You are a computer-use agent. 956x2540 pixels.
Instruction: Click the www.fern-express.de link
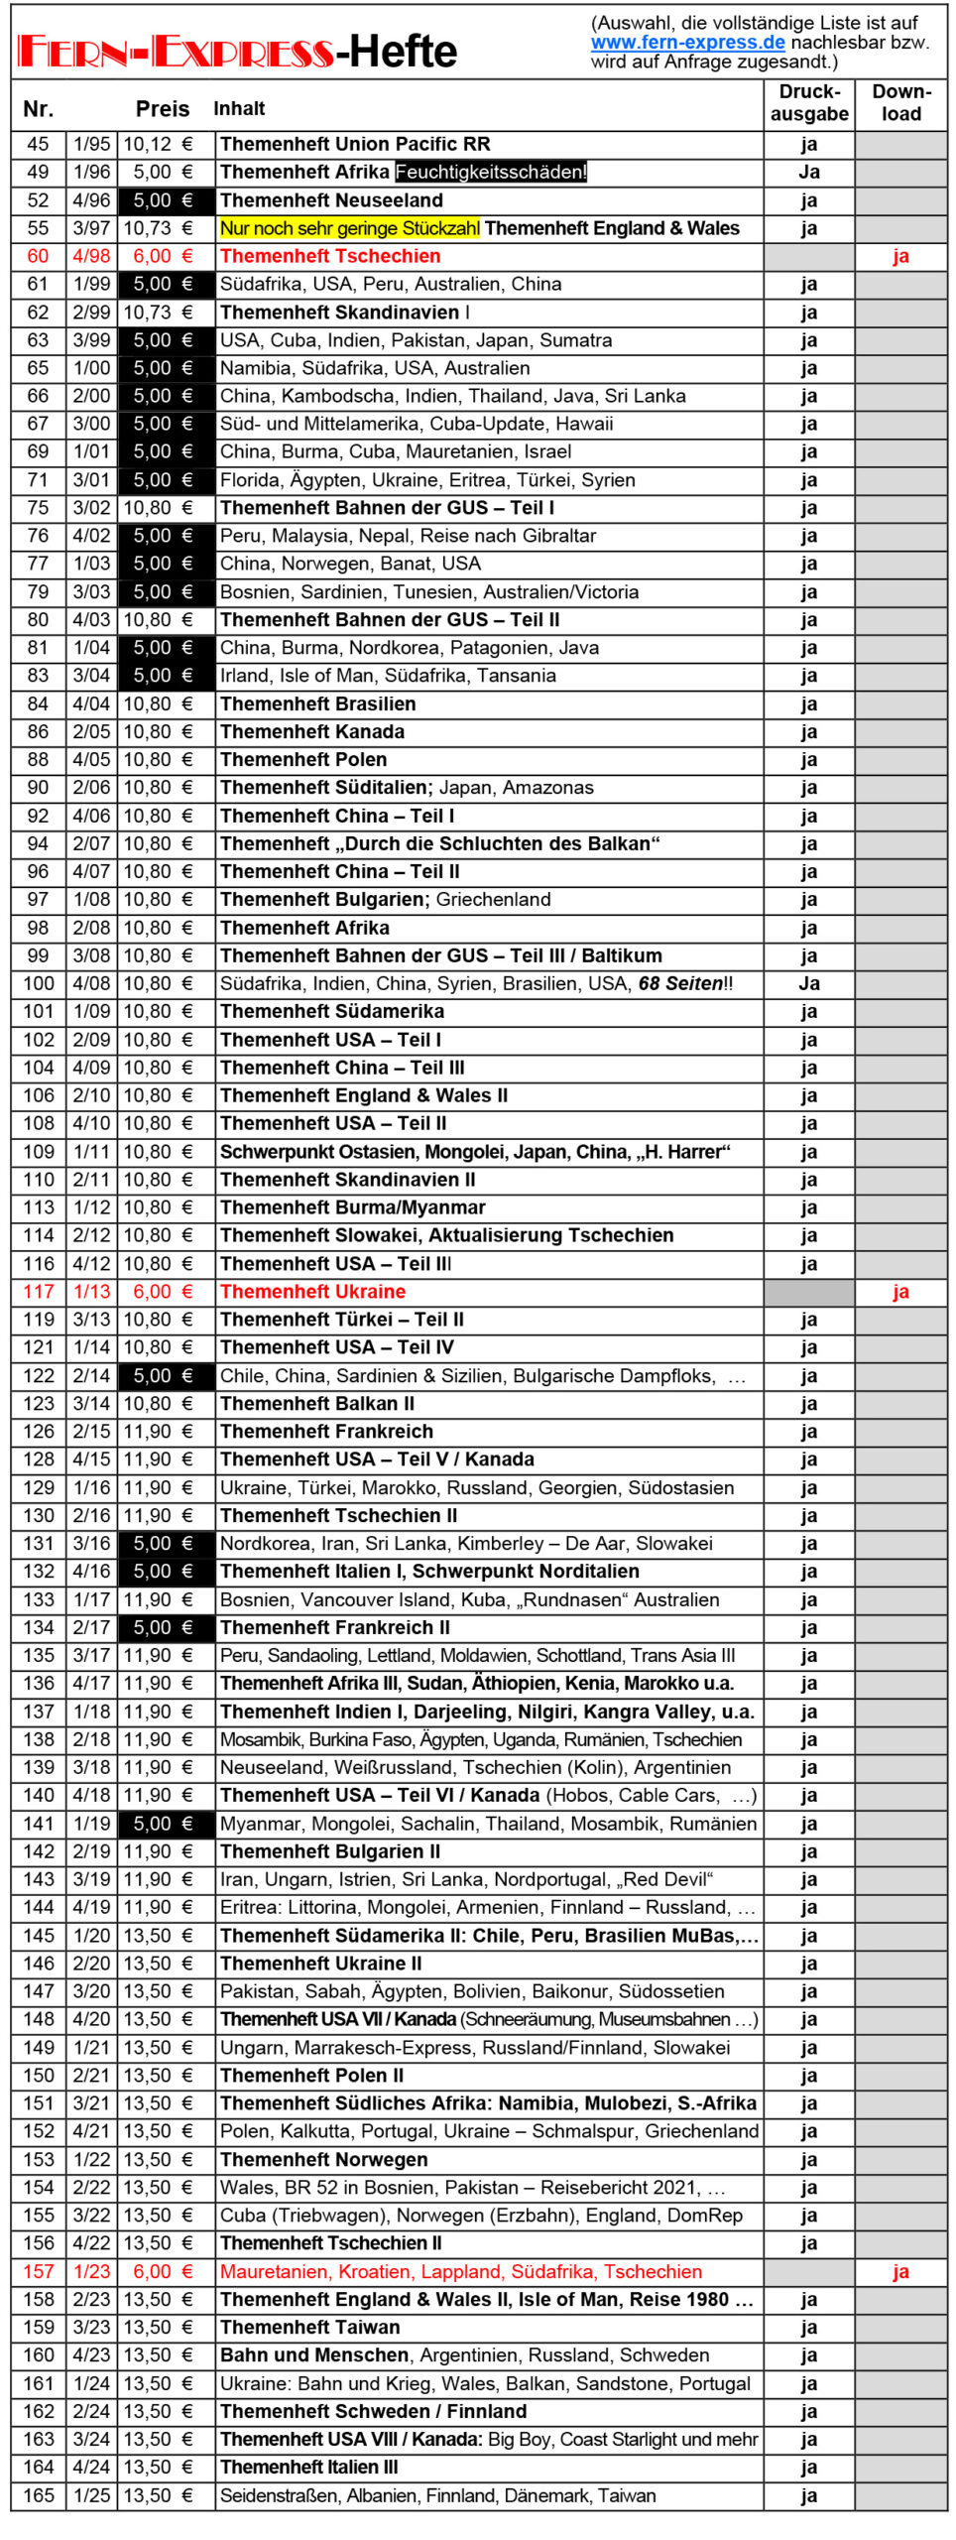click(x=687, y=43)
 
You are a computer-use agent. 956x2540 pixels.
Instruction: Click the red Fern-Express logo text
click(x=175, y=52)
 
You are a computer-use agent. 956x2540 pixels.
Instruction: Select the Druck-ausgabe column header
click(x=808, y=103)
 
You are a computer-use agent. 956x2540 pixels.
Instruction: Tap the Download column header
click(x=900, y=103)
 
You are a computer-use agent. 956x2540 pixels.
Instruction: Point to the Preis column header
click(x=163, y=109)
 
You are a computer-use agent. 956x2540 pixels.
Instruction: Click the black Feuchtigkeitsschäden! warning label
click(x=491, y=173)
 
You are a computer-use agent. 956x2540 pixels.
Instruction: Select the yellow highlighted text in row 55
click(x=349, y=228)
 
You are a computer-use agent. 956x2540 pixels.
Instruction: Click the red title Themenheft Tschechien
click(x=330, y=256)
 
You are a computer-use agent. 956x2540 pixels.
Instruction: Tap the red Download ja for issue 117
click(x=900, y=1292)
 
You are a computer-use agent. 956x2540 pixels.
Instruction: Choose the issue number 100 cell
click(x=39, y=984)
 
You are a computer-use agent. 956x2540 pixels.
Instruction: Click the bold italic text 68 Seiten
click(x=680, y=984)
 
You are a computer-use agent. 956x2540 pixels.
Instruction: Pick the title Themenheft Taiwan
click(x=310, y=2328)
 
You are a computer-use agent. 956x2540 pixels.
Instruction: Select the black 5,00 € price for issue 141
click(x=165, y=1824)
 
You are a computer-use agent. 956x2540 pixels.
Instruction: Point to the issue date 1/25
click(x=91, y=2495)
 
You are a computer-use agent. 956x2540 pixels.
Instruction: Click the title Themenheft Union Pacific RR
click(x=355, y=145)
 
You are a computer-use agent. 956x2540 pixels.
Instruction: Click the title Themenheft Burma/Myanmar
click(x=353, y=1207)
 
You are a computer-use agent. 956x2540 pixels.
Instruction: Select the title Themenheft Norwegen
click(x=324, y=2160)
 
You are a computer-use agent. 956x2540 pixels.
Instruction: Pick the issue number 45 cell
click(x=39, y=145)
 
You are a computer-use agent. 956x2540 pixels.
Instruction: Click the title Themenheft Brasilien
click(x=318, y=704)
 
